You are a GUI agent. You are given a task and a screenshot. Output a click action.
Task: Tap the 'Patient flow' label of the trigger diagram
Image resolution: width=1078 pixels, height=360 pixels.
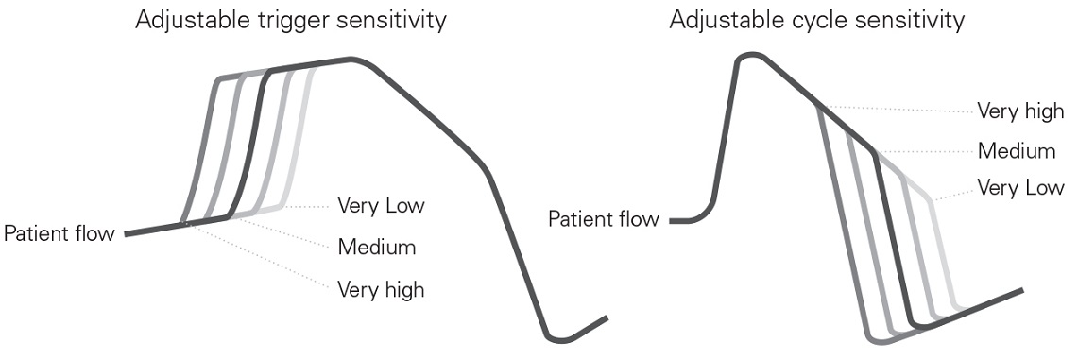pyautogui.click(x=59, y=232)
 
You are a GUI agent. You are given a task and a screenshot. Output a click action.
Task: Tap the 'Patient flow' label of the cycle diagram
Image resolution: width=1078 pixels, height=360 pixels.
pyautogui.click(x=604, y=220)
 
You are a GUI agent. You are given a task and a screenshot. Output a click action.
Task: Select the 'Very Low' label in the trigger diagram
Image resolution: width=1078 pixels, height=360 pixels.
pyautogui.click(x=381, y=205)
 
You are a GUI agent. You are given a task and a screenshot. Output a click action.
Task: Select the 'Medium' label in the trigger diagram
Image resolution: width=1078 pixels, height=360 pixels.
pyautogui.click(x=377, y=248)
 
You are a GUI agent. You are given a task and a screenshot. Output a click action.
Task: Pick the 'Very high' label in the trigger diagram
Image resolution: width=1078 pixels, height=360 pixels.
pyautogui.click(x=381, y=289)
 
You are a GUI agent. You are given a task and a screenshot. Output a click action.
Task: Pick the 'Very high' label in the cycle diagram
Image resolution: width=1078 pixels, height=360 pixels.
pyautogui.click(x=1019, y=111)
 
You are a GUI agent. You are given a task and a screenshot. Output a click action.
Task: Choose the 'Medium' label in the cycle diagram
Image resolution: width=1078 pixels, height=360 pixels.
pyautogui.click(x=1016, y=150)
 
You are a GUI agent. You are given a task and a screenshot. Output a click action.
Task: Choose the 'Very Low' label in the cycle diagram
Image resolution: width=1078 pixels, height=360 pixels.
pyautogui.click(x=1019, y=188)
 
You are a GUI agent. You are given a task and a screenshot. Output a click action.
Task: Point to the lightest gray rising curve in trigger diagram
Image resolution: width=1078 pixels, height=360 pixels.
pyautogui.click(x=298, y=142)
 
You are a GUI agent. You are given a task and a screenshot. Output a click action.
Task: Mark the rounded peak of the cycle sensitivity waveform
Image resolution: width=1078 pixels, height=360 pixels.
pyautogui.click(x=749, y=57)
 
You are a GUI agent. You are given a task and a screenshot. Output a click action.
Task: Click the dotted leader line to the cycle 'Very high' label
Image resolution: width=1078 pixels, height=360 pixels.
pyautogui.click(x=898, y=109)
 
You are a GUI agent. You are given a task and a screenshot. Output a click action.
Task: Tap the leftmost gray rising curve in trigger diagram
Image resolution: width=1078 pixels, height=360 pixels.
pyautogui.click(x=200, y=151)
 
